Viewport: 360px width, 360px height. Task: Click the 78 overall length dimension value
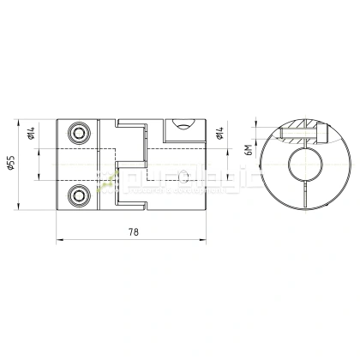coord(135,232)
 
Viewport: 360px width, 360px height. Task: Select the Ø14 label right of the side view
coord(220,133)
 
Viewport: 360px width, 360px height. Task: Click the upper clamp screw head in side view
coord(80,132)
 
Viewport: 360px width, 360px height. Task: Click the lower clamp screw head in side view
coord(80,195)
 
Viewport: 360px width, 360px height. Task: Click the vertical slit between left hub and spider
coord(99,163)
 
